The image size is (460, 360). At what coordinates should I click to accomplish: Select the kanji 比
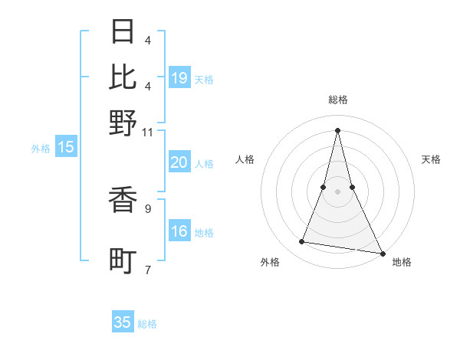[x=123, y=76]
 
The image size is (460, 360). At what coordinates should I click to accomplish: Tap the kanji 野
[x=123, y=122]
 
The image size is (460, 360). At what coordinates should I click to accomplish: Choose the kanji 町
[x=123, y=260]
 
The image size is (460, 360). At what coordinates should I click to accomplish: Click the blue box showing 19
[x=179, y=78]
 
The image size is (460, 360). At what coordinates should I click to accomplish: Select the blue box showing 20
[x=179, y=162]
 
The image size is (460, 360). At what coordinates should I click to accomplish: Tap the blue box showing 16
[x=179, y=232]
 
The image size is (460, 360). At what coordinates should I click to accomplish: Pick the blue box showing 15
[x=66, y=148]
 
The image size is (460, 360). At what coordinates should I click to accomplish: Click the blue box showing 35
[x=123, y=322]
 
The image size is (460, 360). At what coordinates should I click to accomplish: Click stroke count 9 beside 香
[x=148, y=208]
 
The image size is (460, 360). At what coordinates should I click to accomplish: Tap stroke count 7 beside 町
[x=148, y=269]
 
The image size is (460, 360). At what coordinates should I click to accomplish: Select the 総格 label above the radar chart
[x=338, y=100]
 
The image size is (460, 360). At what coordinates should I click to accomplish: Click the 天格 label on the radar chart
[x=431, y=159]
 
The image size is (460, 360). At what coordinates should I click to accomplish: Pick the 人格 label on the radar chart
[x=245, y=159]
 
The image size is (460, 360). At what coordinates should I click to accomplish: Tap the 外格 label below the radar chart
[x=270, y=263]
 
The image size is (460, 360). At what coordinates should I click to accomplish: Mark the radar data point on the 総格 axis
[x=338, y=129]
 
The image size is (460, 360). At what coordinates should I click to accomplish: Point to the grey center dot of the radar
[x=338, y=191]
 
